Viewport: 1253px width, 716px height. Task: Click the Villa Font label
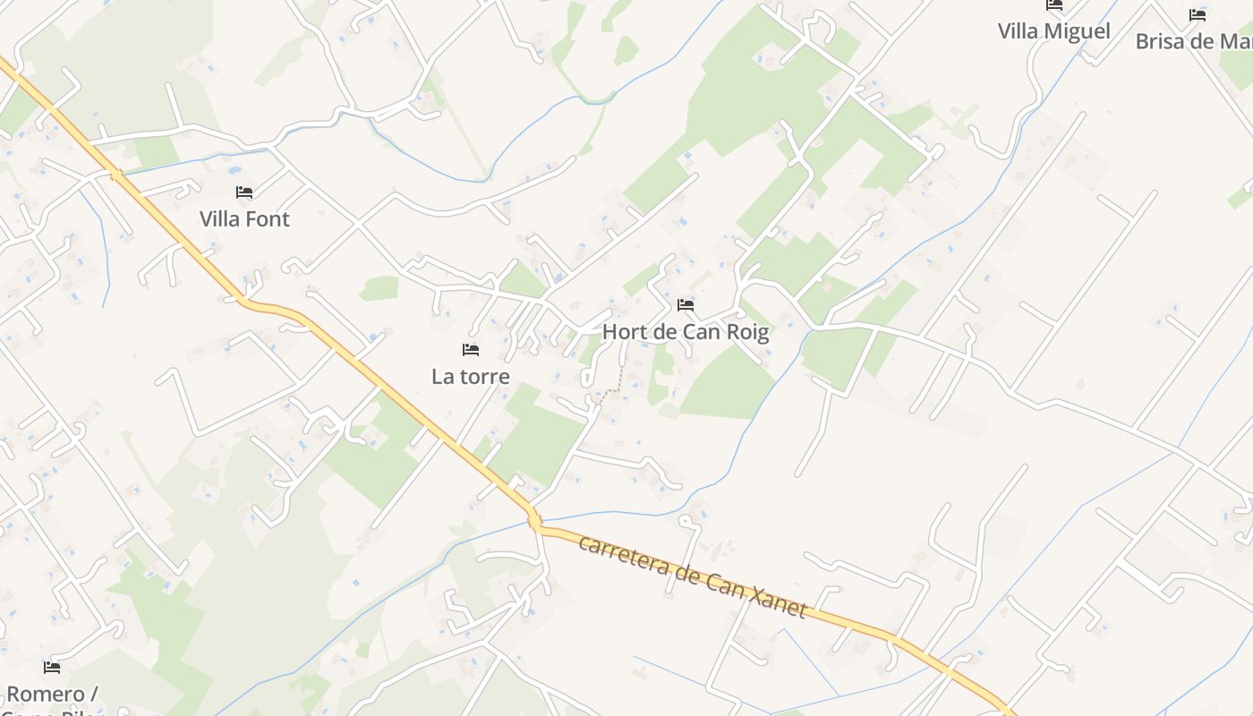244,219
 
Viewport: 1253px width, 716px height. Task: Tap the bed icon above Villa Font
244,192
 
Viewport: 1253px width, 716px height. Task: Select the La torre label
471,377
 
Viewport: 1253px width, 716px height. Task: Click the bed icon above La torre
471,349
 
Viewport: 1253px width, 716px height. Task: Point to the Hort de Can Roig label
686,332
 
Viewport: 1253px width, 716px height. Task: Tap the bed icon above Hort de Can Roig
686,305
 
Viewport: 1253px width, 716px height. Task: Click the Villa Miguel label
1053,31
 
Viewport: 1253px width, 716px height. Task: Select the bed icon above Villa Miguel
1054,4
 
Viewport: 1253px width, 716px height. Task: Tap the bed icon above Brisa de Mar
1198,14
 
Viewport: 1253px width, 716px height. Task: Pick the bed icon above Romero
52,667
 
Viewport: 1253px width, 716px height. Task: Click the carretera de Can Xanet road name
693,577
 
